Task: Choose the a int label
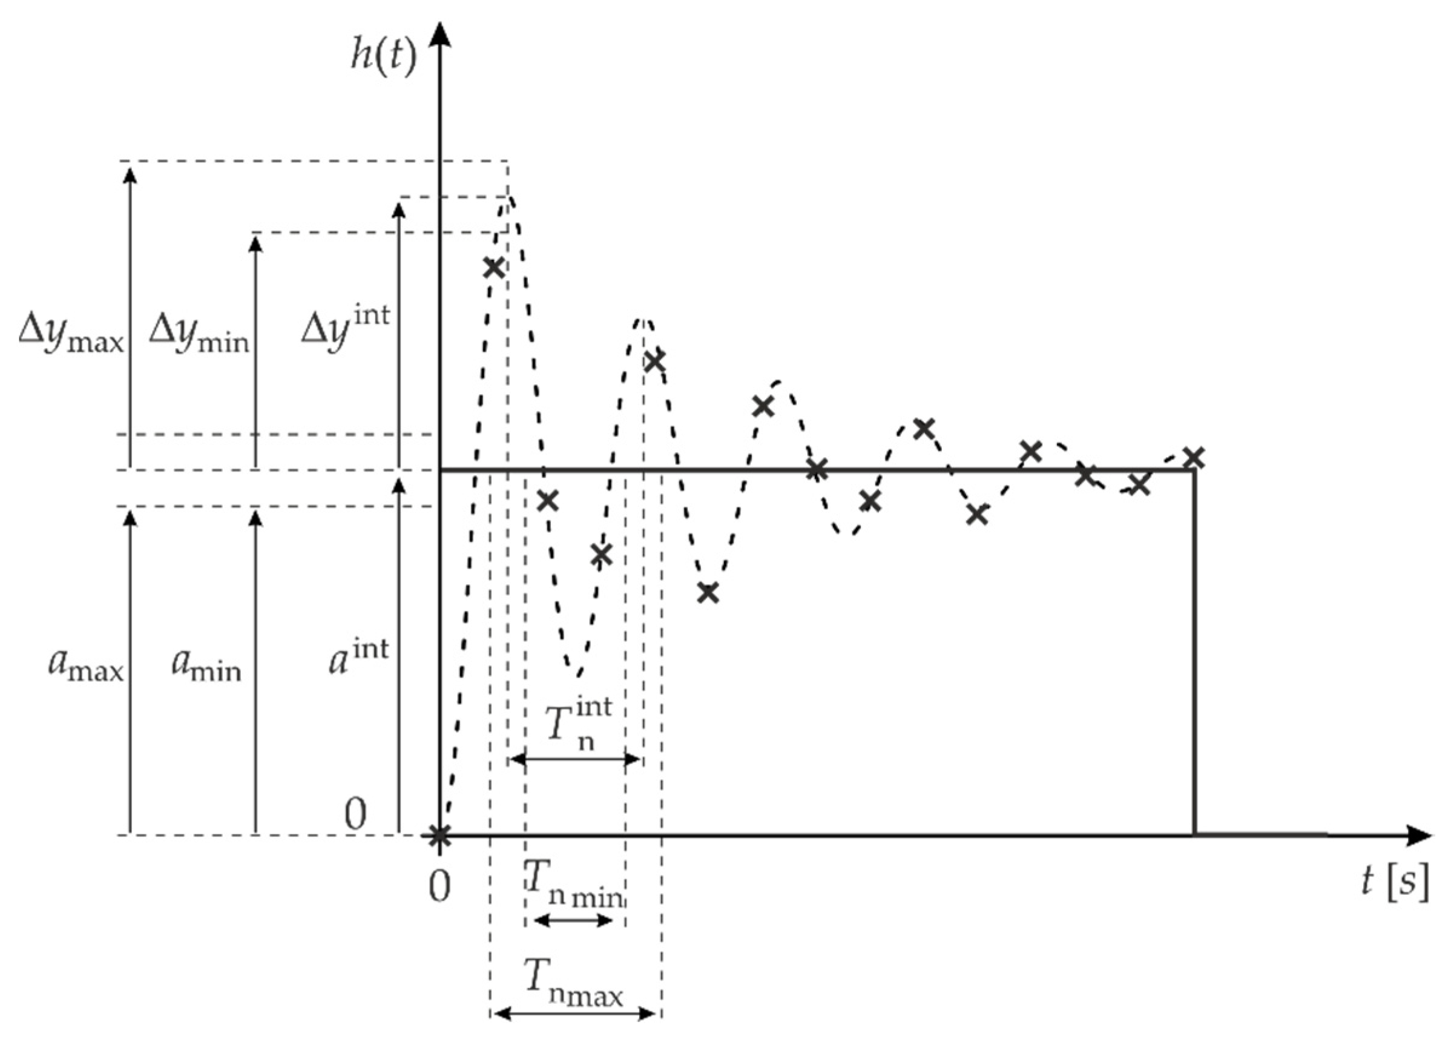click(x=358, y=656)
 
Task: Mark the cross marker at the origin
click(x=439, y=834)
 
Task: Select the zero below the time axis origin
click(x=439, y=887)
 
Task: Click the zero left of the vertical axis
click(x=356, y=814)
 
